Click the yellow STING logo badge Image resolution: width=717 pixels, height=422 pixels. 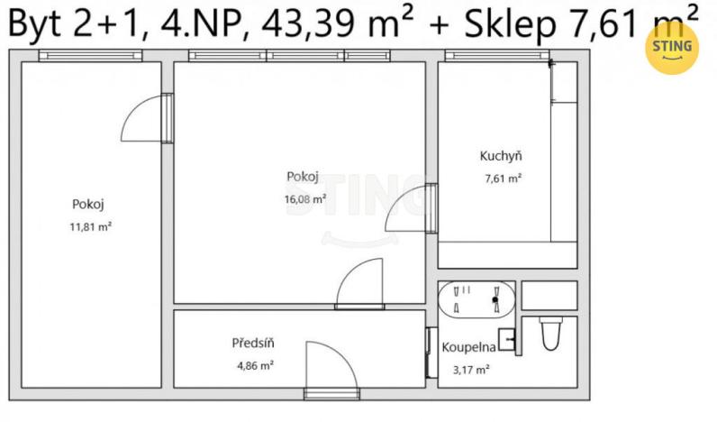(x=671, y=48)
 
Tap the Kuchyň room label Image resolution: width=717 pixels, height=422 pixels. (x=501, y=157)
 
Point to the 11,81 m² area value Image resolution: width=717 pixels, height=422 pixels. (x=91, y=226)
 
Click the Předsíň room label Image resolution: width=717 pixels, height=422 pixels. (x=253, y=343)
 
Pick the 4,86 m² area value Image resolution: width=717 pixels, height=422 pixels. (x=253, y=365)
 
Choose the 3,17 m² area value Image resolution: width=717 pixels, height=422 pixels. (x=471, y=369)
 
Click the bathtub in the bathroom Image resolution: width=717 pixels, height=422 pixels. (x=477, y=298)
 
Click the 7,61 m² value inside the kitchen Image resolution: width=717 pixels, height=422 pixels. (x=503, y=179)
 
